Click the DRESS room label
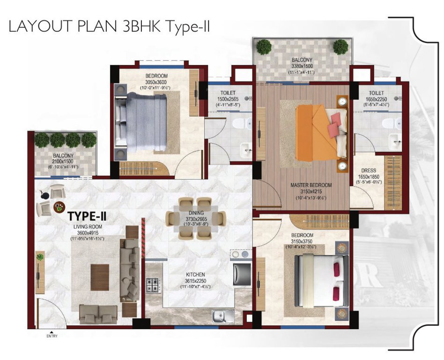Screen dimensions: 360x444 click(368, 171)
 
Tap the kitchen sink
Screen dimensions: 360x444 click(221, 317)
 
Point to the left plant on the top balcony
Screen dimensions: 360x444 click(264, 46)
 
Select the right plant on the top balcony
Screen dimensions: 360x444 click(340, 46)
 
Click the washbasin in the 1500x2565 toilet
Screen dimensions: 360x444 click(245, 151)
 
